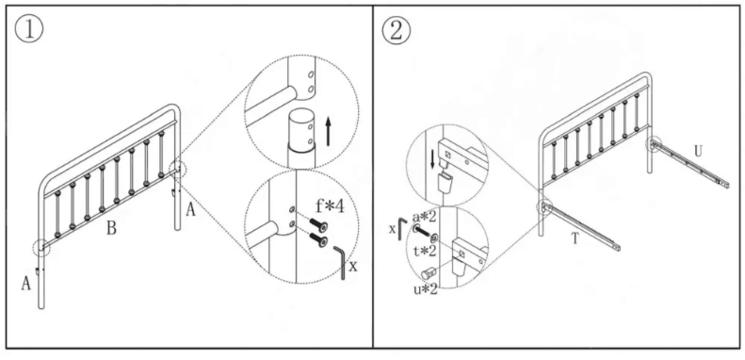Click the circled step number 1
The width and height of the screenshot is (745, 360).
[29, 29]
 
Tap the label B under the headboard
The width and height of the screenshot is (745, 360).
[111, 229]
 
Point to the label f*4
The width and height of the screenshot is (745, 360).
[330, 207]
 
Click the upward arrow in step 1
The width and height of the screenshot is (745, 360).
[328, 132]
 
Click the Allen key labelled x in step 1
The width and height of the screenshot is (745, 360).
[339, 263]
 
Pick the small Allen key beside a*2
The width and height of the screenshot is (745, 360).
[402, 229]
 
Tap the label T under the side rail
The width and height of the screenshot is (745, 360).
[575, 238]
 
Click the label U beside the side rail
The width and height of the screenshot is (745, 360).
[698, 152]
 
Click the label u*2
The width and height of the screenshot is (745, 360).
[425, 288]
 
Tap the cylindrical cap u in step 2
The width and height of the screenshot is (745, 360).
[429, 273]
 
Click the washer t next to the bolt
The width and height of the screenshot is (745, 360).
[435, 238]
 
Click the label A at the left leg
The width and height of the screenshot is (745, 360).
[26, 284]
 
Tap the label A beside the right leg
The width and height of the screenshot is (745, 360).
[190, 210]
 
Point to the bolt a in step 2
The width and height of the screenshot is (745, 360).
[421, 233]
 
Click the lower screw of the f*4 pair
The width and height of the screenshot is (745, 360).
[318, 239]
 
